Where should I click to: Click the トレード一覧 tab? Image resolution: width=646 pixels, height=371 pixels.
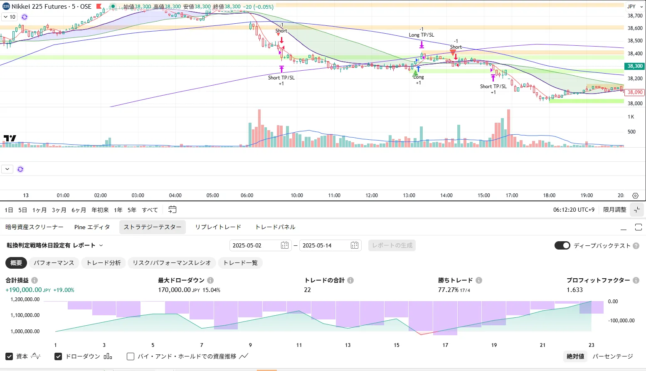[x=240, y=263]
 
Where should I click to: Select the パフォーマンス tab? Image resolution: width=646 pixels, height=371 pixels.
[x=54, y=263]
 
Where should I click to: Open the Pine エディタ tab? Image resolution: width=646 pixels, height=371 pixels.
[x=92, y=227]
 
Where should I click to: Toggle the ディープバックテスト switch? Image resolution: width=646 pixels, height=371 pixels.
[x=562, y=245]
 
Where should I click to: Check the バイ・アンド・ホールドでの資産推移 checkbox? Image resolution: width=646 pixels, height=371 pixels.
[x=131, y=356]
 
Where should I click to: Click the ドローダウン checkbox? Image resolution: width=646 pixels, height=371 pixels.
[x=58, y=356]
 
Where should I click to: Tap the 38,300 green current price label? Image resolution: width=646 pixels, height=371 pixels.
[x=635, y=66]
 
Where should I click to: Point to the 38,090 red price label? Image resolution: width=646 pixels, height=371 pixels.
[x=635, y=92]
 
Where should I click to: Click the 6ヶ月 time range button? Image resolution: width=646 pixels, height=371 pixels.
[x=79, y=210]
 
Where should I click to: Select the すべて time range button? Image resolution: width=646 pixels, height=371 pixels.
[x=150, y=210]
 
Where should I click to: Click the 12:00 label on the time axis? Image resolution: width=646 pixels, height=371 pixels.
[x=372, y=195]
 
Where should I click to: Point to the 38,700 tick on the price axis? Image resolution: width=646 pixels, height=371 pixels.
[x=635, y=16]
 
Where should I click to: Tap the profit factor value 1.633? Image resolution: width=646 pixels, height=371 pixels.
[x=574, y=290]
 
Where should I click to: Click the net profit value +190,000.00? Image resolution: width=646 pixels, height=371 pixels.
[x=24, y=290]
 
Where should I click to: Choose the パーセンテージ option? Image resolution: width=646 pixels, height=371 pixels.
[x=612, y=356]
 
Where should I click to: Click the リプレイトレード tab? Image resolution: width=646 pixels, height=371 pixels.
[x=218, y=227]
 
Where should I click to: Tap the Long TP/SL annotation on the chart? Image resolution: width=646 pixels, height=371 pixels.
[x=421, y=35]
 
